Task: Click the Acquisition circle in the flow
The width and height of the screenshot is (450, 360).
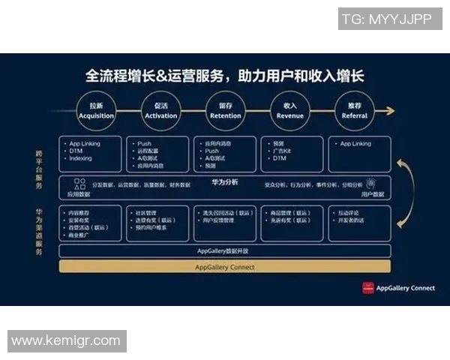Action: pyautogui.click(x=96, y=111)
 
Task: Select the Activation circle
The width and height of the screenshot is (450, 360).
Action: pyautogui.click(x=160, y=111)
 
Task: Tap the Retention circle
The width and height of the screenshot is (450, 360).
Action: pyautogui.click(x=225, y=111)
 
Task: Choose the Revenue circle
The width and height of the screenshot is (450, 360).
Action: pyautogui.click(x=290, y=111)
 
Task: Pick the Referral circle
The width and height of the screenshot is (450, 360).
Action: pyautogui.click(x=355, y=111)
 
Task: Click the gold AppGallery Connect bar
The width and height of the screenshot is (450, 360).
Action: pyautogui.click(x=224, y=267)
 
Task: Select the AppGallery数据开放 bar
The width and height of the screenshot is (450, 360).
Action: pyautogui.click(x=224, y=251)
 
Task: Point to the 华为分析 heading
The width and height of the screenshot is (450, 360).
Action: pyautogui.click(x=225, y=181)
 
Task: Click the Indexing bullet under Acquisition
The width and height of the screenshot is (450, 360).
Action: pyautogui.click(x=80, y=158)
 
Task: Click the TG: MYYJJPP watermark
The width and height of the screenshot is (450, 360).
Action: pyautogui.click(x=387, y=19)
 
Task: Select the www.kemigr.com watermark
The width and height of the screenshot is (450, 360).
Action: pyautogui.click(x=66, y=341)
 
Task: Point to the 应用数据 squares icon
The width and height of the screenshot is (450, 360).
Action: pyautogui.click(x=79, y=182)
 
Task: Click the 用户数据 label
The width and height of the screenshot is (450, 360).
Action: pyautogui.click(x=373, y=193)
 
